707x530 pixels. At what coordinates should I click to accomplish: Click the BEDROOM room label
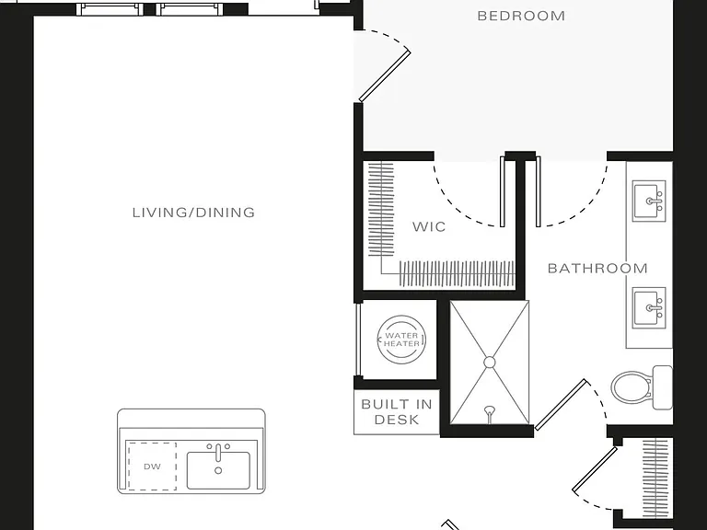pyautogui.click(x=521, y=17)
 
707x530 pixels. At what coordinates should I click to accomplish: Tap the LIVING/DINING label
pyautogui.click(x=194, y=213)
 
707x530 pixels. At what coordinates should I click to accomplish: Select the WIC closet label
pyautogui.click(x=429, y=226)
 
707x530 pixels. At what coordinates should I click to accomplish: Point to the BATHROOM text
pyautogui.click(x=597, y=269)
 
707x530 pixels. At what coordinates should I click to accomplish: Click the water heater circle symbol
pyautogui.click(x=401, y=340)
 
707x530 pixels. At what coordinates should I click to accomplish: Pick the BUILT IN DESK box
pyautogui.click(x=397, y=412)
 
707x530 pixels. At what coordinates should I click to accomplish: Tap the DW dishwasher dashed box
pyautogui.click(x=153, y=467)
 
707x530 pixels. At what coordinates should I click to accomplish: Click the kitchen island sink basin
pyautogui.click(x=219, y=470)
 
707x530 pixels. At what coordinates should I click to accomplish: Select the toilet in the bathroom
pyautogui.click(x=642, y=387)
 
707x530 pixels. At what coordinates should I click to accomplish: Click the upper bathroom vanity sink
pyautogui.click(x=649, y=201)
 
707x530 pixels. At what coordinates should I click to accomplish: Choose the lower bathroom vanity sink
pyautogui.click(x=649, y=308)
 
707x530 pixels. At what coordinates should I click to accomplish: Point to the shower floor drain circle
pyautogui.click(x=490, y=363)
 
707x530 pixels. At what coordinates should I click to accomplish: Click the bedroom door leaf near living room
pyautogui.click(x=385, y=75)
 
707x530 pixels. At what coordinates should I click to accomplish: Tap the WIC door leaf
pyautogui.click(x=503, y=191)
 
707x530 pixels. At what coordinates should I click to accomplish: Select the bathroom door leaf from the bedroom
pyautogui.click(x=538, y=191)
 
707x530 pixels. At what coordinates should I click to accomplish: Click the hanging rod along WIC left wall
pyautogui.click(x=381, y=210)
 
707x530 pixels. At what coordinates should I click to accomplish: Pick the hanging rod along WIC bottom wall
pyautogui.click(x=457, y=273)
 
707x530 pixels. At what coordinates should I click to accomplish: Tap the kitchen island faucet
pyautogui.click(x=218, y=453)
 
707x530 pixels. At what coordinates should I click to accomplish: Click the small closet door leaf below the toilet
pyautogui.click(x=595, y=468)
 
